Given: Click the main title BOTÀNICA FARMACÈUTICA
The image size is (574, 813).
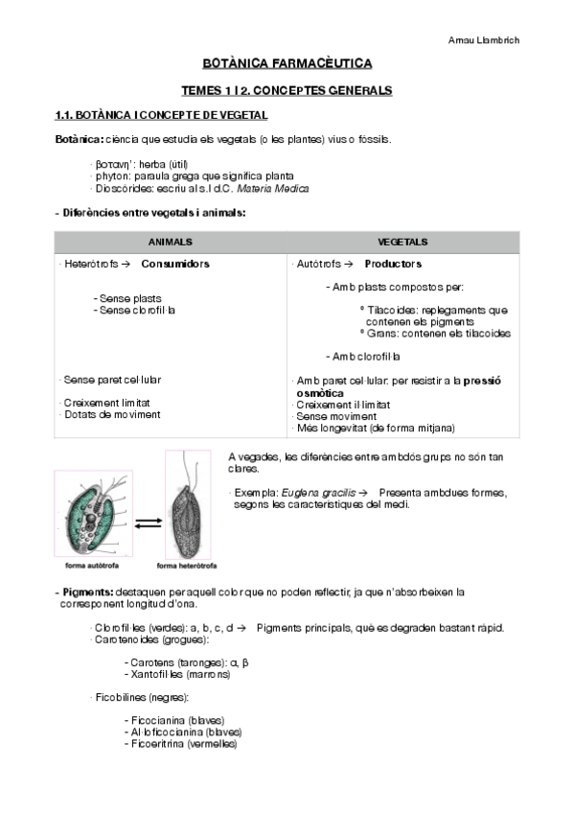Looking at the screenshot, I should click(x=287, y=64).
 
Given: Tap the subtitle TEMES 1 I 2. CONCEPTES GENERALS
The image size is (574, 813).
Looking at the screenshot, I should click(x=287, y=90).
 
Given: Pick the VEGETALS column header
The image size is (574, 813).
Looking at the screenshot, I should click(x=402, y=243).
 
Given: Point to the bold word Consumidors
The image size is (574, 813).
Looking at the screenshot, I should click(x=175, y=264).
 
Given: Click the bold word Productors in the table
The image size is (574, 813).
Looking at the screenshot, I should click(x=393, y=264).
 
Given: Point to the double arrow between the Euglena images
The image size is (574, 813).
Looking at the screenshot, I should click(x=147, y=523).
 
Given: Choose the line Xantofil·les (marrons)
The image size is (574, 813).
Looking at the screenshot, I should click(x=177, y=674).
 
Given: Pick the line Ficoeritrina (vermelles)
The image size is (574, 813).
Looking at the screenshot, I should click(x=180, y=744).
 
